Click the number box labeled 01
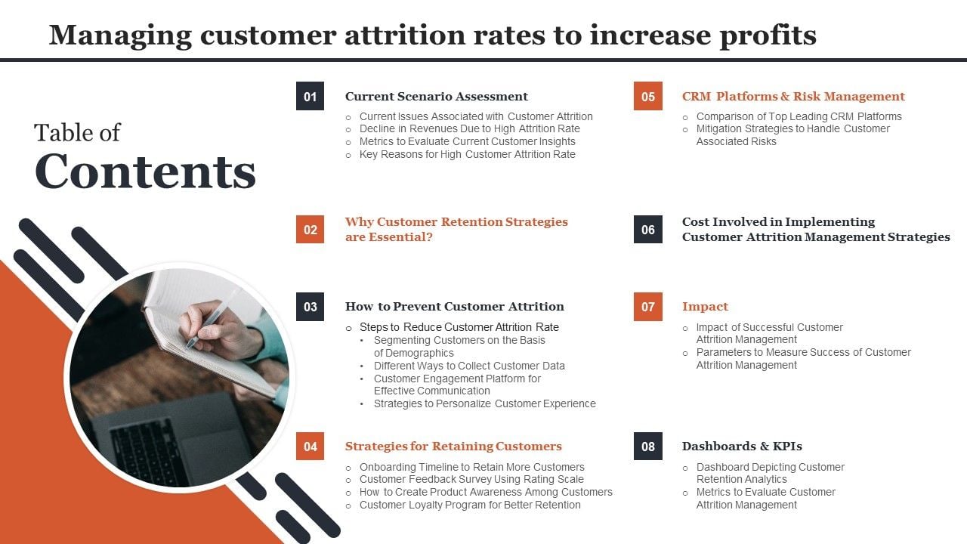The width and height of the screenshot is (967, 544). [x=310, y=96]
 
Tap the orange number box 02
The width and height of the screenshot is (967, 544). [x=310, y=229]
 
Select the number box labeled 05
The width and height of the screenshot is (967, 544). [x=647, y=96]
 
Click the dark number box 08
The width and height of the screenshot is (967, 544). [x=647, y=446]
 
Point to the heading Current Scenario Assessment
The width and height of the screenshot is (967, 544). [x=436, y=96]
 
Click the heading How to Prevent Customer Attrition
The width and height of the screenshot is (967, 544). [x=454, y=306]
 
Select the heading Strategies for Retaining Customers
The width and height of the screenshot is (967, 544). [x=453, y=446]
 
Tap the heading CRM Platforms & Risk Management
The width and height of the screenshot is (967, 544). [x=792, y=96]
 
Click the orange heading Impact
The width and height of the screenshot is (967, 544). [x=705, y=306]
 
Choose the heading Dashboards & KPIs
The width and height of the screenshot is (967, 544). [x=741, y=446]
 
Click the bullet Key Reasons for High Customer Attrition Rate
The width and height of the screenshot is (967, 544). [x=467, y=154]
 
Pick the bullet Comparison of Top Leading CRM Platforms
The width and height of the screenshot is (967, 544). [x=799, y=116]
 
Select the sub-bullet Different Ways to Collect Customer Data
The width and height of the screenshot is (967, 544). [x=469, y=366]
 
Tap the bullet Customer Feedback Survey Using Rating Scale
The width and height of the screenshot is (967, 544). [x=471, y=479]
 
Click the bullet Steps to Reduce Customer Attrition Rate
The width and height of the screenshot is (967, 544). [x=459, y=327]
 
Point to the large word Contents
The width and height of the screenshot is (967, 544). [x=145, y=172]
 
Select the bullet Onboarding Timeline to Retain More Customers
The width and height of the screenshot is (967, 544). [x=471, y=467]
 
